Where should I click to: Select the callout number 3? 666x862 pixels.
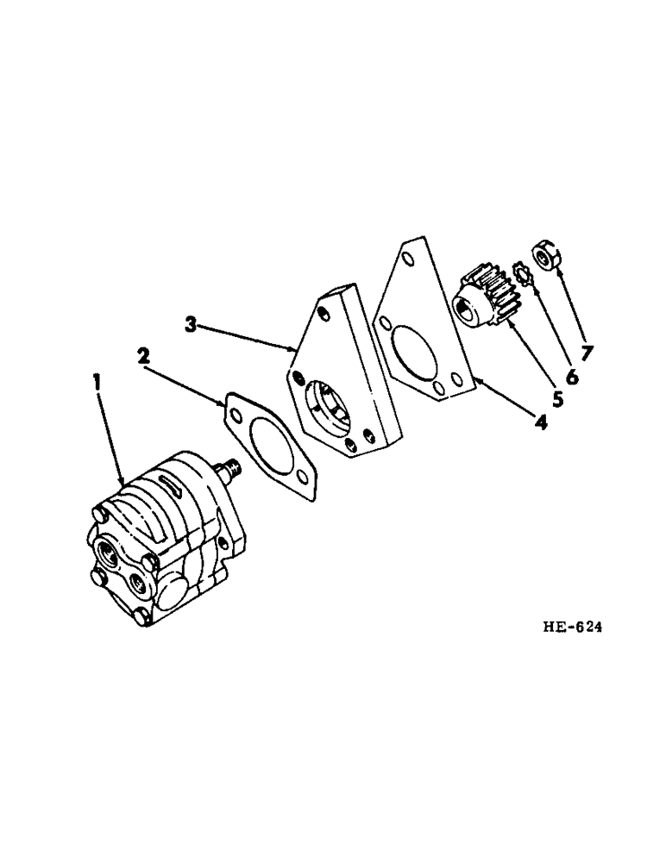pos(192,324)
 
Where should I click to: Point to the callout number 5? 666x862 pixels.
pos(557,399)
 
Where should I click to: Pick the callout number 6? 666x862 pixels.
pos(573,378)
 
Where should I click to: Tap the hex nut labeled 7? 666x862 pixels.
pos(546,257)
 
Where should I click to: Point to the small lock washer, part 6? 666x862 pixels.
pos(520,274)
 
